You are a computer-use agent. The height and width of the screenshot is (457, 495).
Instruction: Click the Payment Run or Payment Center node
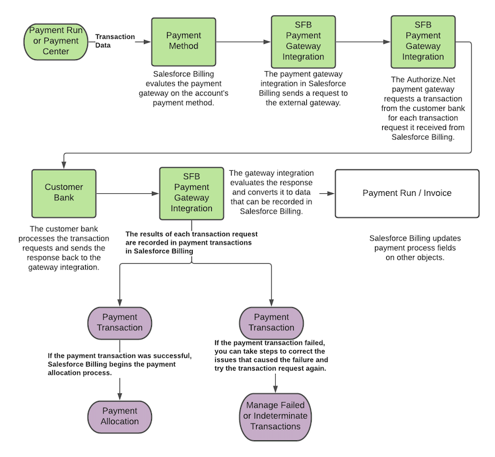point(55,40)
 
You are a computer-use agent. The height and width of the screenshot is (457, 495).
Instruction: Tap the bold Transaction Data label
point(115,41)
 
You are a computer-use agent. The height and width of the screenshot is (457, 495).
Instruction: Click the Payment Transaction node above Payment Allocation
point(119,322)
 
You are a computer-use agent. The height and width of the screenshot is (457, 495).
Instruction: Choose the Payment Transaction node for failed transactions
point(271,322)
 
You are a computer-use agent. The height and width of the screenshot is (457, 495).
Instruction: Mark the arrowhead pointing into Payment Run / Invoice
point(331,194)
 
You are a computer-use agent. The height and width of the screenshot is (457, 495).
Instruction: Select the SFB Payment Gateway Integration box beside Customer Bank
point(191,193)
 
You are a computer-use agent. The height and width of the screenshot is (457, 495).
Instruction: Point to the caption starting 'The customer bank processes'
point(64,247)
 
